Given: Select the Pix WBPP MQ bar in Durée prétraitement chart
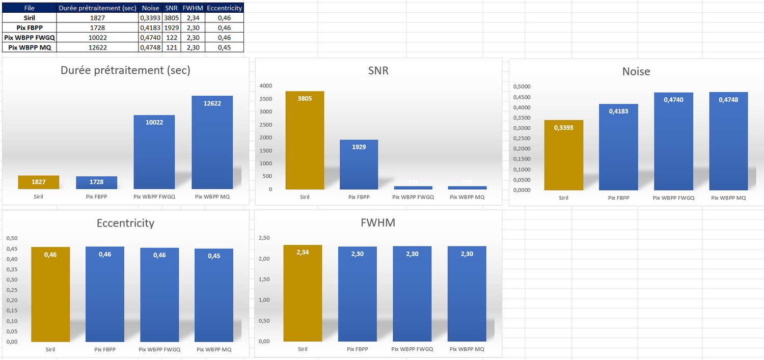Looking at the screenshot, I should click(x=212, y=143).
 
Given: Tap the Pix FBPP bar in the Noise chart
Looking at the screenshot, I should click(x=618, y=148).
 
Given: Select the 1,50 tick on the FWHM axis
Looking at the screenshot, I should click(x=264, y=279).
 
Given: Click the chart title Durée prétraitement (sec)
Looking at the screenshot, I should click(x=125, y=70).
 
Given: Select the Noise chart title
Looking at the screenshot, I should click(x=636, y=71).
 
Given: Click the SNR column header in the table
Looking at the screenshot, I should click(x=171, y=8).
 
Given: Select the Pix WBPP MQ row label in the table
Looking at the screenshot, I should click(x=29, y=47).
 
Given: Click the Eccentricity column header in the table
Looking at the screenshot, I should click(x=224, y=8).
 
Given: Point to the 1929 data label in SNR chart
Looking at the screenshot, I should click(x=359, y=147).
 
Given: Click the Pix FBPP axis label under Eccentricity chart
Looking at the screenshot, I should click(x=105, y=350).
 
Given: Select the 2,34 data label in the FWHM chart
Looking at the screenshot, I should click(x=303, y=252).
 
